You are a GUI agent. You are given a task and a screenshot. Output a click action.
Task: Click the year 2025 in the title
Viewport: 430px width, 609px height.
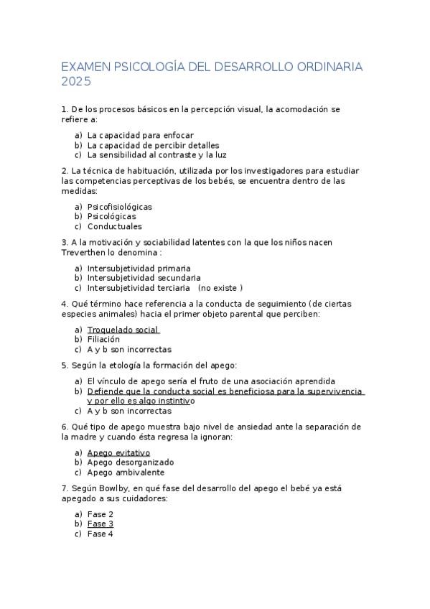[x=77, y=82]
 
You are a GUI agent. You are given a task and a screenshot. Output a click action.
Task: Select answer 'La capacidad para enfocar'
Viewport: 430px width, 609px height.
[x=141, y=135]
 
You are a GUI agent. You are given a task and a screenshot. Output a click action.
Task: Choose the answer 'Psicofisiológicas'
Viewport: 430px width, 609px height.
[x=120, y=207]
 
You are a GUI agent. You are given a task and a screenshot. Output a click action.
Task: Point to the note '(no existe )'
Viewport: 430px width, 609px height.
[x=220, y=287]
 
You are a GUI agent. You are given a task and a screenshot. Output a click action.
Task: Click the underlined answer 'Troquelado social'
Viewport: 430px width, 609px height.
[x=122, y=330]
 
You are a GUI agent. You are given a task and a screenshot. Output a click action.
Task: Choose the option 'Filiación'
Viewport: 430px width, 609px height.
[x=103, y=340]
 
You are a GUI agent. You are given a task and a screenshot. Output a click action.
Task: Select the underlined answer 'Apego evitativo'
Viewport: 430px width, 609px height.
[x=118, y=453]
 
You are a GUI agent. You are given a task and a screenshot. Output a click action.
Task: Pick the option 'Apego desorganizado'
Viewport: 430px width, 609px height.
[x=130, y=462]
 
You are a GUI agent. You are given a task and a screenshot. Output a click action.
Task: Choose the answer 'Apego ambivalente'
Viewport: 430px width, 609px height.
[x=126, y=473]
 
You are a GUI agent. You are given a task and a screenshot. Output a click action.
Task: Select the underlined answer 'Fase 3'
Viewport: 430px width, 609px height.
[x=101, y=524]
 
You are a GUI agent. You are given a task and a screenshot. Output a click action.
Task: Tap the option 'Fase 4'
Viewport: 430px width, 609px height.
[x=101, y=534]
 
